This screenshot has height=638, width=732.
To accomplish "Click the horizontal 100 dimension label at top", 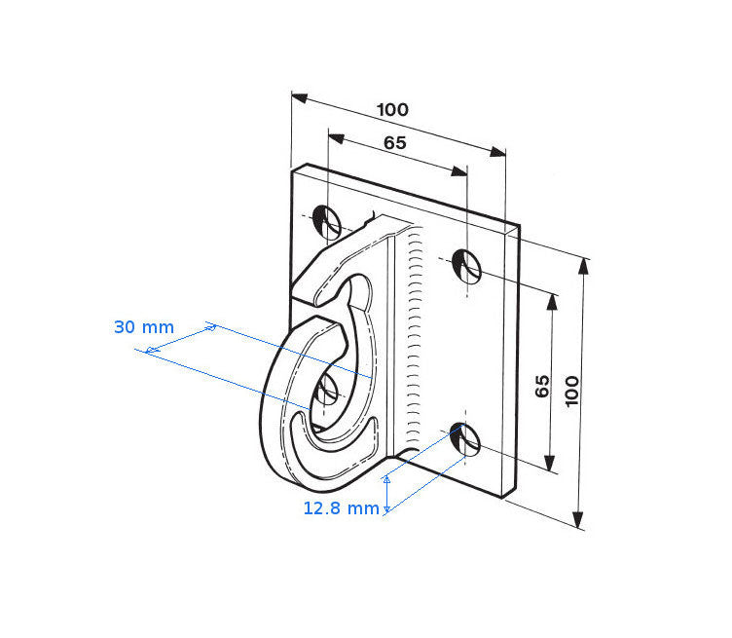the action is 392,110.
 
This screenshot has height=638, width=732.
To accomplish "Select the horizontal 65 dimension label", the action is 395,143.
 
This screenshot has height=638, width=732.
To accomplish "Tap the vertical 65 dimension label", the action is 542,386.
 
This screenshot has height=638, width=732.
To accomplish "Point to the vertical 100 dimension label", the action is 571,392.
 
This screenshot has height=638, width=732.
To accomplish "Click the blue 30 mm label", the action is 144,327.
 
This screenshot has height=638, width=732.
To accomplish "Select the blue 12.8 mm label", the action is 342,508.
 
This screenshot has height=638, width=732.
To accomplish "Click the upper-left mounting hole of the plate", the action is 326,220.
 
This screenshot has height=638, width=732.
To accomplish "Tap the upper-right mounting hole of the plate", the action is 467,267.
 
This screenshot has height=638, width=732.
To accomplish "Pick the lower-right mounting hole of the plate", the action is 465,439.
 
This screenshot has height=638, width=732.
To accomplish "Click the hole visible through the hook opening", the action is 326,391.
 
